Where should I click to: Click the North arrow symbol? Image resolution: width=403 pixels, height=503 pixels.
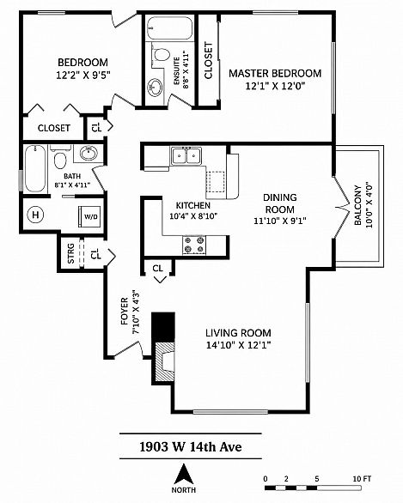(x=184, y=474)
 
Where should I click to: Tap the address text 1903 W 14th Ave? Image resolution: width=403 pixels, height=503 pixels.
(x=191, y=446)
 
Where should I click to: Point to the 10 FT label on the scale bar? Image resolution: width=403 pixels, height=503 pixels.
(x=362, y=479)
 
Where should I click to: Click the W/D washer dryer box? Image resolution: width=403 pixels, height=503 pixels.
(x=89, y=216)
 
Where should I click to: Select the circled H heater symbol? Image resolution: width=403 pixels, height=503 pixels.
(x=35, y=215)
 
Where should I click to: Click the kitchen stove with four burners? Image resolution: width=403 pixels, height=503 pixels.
(x=194, y=245)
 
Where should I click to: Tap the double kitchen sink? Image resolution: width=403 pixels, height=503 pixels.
(x=186, y=156)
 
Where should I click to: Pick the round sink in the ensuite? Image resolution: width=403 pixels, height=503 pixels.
(x=155, y=88)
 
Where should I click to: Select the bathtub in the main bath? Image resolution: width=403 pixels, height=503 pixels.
(x=35, y=169)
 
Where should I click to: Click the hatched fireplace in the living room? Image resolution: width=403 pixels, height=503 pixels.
(x=165, y=362)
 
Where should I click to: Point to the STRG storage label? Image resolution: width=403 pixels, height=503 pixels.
(x=71, y=253)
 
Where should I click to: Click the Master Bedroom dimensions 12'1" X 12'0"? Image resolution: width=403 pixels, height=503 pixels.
(x=275, y=86)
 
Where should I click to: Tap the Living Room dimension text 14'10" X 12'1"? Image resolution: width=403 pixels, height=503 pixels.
(x=239, y=345)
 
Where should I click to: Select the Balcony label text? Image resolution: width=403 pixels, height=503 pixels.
(x=357, y=205)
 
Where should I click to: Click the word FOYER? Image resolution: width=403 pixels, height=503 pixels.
(x=125, y=312)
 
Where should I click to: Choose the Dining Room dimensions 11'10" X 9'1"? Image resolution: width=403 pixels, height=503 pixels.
(x=279, y=221)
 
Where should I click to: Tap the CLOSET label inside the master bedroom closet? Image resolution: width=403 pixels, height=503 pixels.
(x=209, y=60)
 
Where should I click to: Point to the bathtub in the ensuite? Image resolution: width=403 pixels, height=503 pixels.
(x=169, y=28)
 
